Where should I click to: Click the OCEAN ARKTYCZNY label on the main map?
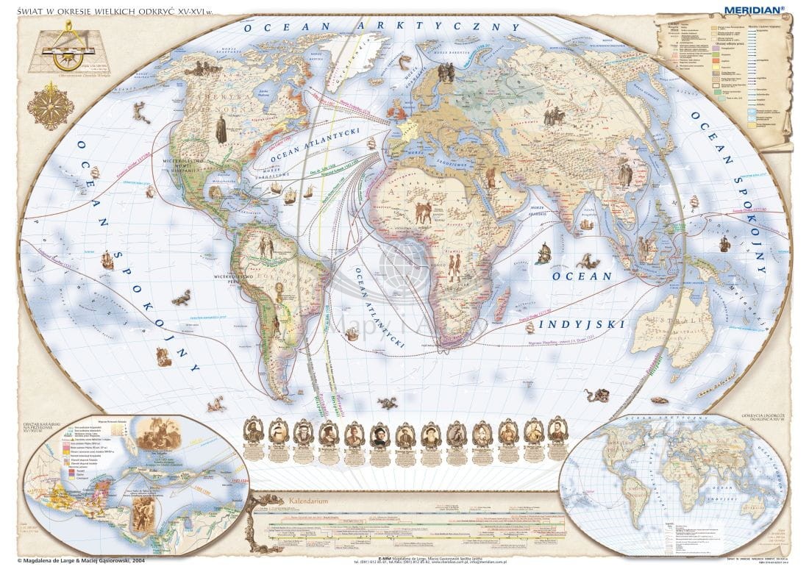tap(382, 27)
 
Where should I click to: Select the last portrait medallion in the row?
tap(557, 433)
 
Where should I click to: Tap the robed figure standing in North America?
tap(221, 130)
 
